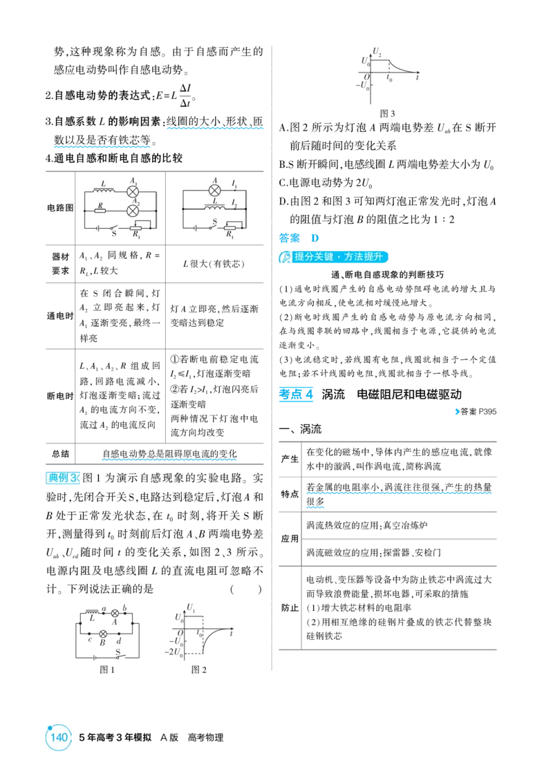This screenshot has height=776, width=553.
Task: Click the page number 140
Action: pyautogui.click(x=59, y=737)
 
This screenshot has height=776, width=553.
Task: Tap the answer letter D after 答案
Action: pyautogui.click(x=315, y=238)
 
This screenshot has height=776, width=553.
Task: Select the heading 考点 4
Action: pyautogui.click(x=296, y=395)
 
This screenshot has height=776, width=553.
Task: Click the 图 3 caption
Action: pyautogui.click(x=387, y=113)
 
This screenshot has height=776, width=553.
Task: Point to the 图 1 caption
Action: pyautogui.click(x=107, y=670)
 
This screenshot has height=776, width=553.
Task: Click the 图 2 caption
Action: pyautogui.click(x=198, y=670)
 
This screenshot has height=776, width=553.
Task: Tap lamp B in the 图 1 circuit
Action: pyautogui.click(x=103, y=634)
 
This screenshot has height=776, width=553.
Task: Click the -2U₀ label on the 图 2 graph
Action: pyautogui.click(x=172, y=652)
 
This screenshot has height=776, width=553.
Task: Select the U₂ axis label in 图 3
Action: pyautogui.click(x=377, y=51)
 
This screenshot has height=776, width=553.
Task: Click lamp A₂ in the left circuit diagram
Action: pyautogui.click(x=133, y=211)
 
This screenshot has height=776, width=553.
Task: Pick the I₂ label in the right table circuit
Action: pyautogui.click(x=234, y=203)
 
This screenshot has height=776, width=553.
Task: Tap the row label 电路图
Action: pyautogui.click(x=60, y=208)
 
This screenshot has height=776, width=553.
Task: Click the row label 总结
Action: pyautogui.click(x=60, y=453)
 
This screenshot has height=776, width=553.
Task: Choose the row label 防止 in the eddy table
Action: pyautogui.click(x=290, y=607)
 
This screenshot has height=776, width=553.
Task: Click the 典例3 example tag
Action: pyautogui.click(x=63, y=478)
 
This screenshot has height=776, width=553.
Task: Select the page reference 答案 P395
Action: pyautogui.click(x=476, y=411)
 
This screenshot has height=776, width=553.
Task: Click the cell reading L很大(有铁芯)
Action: pyautogui.click(x=214, y=264)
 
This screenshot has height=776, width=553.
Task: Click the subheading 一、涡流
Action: pyautogui.click(x=301, y=428)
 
